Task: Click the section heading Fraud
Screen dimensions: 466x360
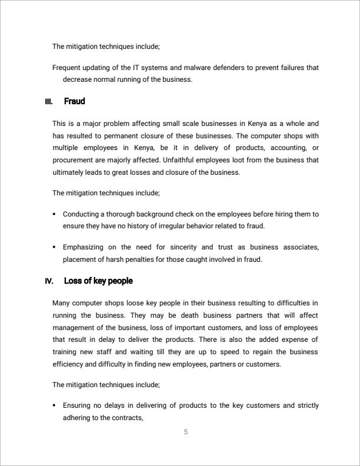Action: pos(74,102)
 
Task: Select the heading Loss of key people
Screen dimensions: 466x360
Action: pos(98,281)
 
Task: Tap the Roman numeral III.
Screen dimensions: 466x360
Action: pos(49,102)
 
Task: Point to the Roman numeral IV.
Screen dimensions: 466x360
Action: pos(49,281)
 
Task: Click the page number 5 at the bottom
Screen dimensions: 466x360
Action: pos(186,432)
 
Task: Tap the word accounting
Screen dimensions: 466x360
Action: pos(288,148)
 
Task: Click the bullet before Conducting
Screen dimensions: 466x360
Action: pos(54,215)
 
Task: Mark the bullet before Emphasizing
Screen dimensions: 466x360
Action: pos(54,248)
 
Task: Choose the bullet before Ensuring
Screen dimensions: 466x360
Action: pos(54,406)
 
